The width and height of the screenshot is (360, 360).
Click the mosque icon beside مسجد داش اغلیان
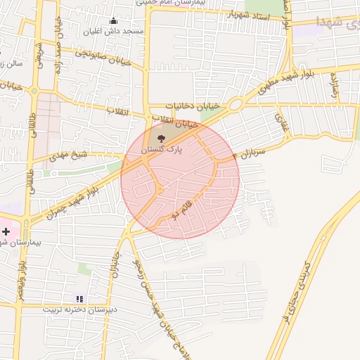click(114, 20)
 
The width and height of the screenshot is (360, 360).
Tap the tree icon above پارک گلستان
click(163, 139)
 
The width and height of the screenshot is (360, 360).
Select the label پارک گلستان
click(162, 150)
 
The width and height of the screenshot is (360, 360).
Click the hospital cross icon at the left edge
click(6, 231)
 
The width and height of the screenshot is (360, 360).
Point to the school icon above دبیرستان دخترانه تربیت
click(79, 298)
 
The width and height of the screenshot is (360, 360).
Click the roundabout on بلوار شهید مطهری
click(235, 105)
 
